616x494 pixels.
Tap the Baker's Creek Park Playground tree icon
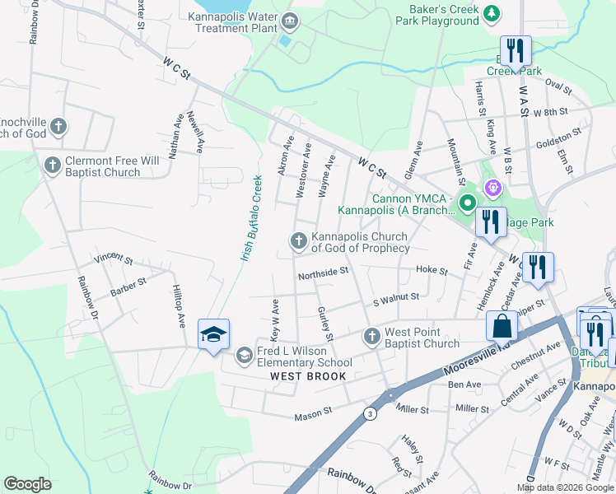coord(492,12)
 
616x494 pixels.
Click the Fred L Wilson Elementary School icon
coord(244,356)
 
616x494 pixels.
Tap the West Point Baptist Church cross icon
coord(371,337)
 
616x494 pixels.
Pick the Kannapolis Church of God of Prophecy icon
coord(298,241)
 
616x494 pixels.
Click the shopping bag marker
coord(502,326)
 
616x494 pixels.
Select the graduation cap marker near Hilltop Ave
coord(213,334)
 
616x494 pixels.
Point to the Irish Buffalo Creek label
coord(251,218)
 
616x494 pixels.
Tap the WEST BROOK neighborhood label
coord(308,376)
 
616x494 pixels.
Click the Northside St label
coord(324,270)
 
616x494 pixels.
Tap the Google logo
coord(28,484)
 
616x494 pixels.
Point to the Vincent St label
coord(114,259)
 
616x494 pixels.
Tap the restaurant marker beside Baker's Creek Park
coord(515,50)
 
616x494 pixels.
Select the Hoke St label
coord(432,270)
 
